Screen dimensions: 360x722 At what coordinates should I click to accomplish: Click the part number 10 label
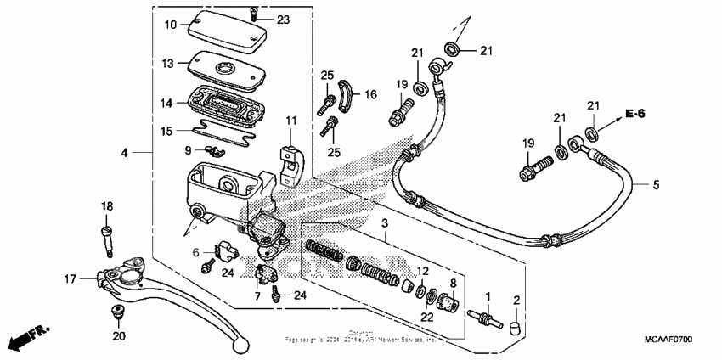pos(170,25)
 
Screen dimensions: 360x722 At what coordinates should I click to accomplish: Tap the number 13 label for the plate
pos(170,64)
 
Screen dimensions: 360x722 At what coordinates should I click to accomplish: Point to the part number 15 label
pos(167,131)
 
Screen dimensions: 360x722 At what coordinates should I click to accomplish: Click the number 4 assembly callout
pos(124,153)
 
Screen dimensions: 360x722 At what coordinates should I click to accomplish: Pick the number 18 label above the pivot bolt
pos(107,206)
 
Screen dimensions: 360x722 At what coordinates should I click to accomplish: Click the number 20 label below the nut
pos(119,336)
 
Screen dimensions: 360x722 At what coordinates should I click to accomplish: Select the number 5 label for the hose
pos(656,184)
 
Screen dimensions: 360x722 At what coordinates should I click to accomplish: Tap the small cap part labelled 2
pos(515,324)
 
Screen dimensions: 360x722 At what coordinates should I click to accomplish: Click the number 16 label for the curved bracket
pos(370,96)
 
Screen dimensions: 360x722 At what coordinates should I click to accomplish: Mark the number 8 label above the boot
pos(454,282)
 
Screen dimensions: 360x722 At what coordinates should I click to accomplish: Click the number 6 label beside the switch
pos(195,251)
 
